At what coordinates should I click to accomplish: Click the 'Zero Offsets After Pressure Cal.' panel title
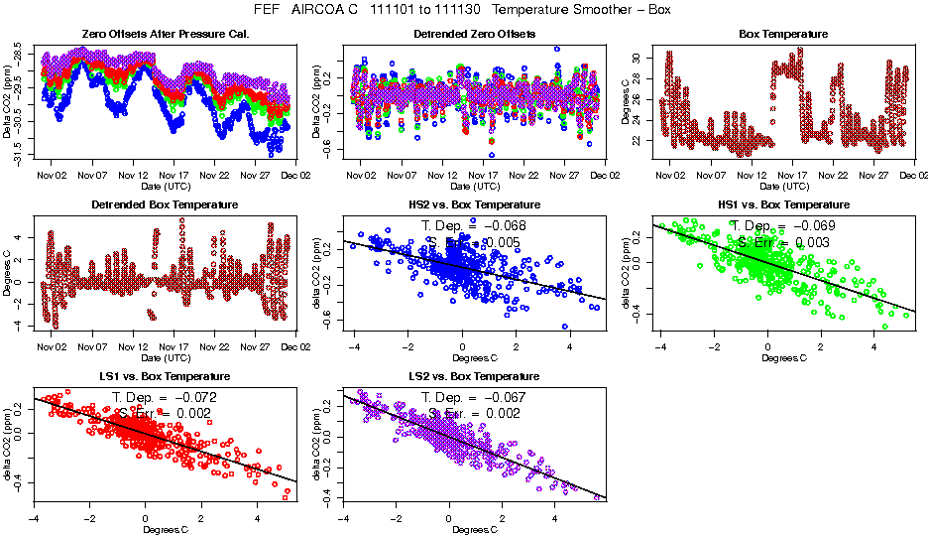pos(165,34)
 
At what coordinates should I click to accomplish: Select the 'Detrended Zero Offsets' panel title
pos(474,34)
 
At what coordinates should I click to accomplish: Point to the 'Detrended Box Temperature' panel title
pos(165,204)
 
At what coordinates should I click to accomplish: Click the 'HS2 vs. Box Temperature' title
pos(474,204)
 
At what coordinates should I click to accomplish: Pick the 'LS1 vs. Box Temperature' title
pos(165,376)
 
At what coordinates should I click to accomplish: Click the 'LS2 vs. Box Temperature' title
pos(474,376)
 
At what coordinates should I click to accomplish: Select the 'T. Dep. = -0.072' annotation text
pos(165,397)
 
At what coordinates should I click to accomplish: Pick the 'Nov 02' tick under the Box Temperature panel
pos(671,175)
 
